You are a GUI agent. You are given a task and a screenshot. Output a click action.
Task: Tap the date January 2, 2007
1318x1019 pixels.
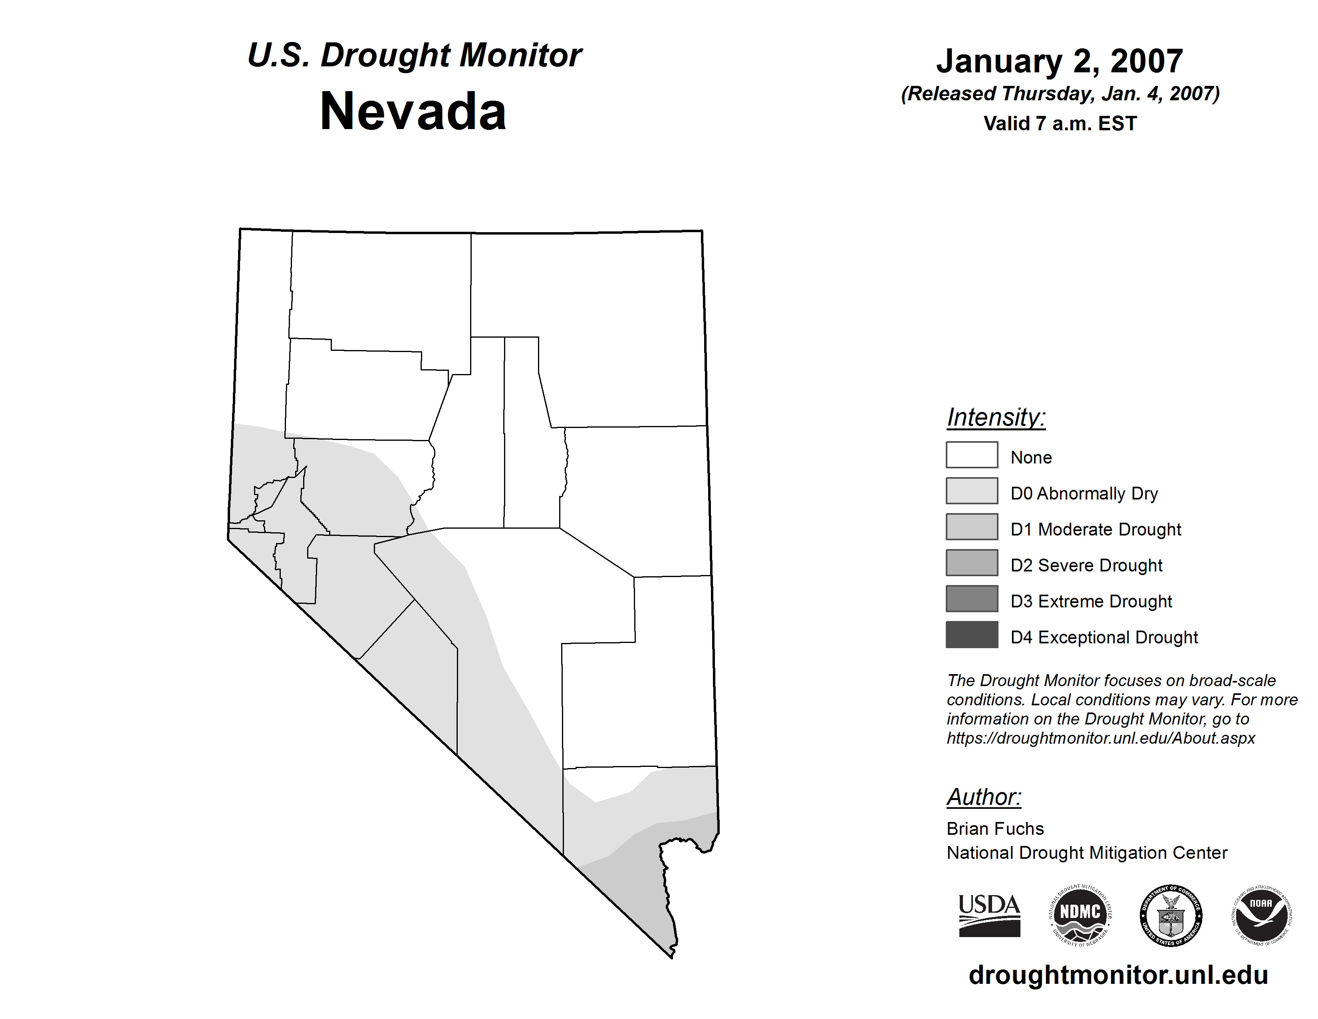click(x=1059, y=61)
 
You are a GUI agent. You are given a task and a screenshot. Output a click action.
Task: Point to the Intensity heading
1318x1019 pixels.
click(x=996, y=417)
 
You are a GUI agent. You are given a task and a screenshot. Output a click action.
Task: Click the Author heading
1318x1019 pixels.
click(x=984, y=797)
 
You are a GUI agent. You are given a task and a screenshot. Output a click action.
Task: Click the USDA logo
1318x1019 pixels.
click(x=989, y=915)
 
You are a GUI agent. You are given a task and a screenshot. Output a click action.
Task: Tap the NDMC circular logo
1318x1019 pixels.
click(x=1080, y=915)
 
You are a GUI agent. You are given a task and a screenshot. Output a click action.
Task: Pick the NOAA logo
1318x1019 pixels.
click(x=1261, y=915)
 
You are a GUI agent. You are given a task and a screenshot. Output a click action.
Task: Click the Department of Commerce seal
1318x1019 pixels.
click(x=1171, y=915)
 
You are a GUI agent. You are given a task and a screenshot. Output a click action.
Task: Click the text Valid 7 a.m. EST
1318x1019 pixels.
click(x=1060, y=124)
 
